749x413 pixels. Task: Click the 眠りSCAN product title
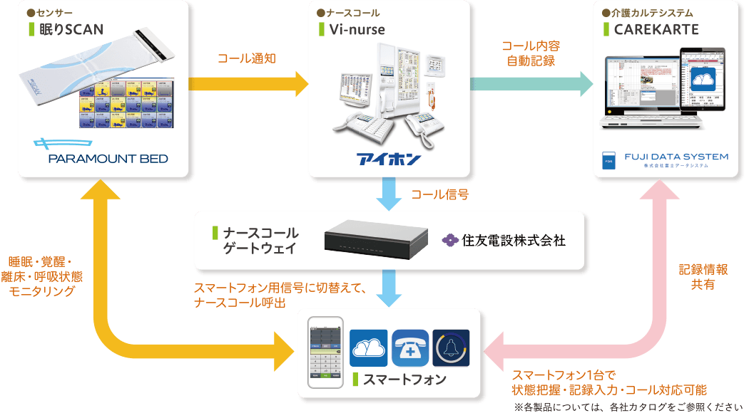click(x=71, y=30)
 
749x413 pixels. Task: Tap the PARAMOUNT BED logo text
click(x=108, y=159)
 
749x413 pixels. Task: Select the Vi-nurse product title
click(x=357, y=30)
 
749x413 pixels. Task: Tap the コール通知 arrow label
click(x=247, y=58)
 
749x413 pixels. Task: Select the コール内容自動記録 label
click(x=532, y=53)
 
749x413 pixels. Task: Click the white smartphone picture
click(x=325, y=353)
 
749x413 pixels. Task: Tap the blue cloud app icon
click(x=368, y=347)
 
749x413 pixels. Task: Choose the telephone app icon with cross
click(x=410, y=347)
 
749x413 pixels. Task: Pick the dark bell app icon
click(x=451, y=347)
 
